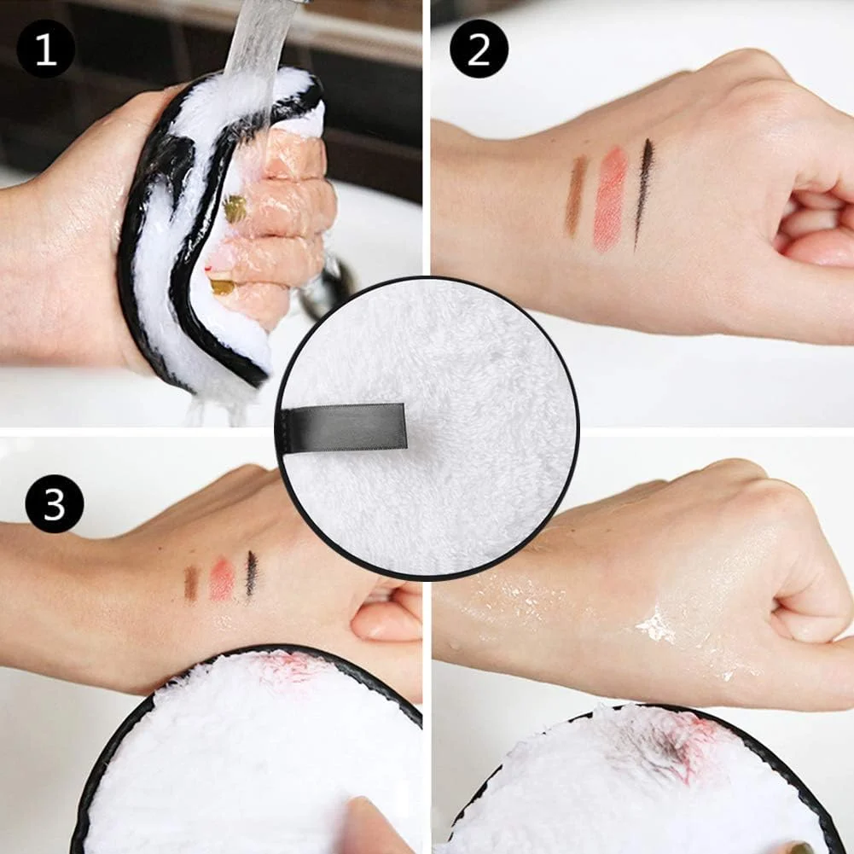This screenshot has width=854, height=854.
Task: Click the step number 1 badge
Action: click(x=46, y=49)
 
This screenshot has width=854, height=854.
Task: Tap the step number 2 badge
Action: click(x=479, y=49)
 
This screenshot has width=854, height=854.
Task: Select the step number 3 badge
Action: click(x=55, y=503)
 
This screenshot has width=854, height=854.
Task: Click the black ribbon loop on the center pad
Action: click(x=344, y=428)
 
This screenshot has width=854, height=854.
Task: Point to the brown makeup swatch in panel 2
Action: click(x=575, y=195)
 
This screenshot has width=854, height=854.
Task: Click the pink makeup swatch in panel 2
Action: click(x=610, y=199)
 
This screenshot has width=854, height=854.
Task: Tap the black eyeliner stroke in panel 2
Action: click(x=642, y=194)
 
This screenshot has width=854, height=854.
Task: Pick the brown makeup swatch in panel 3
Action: click(x=190, y=584)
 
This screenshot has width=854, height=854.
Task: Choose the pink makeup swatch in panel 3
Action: click(x=222, y=579)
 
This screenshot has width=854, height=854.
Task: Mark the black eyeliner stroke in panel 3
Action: click(x=251, y=574)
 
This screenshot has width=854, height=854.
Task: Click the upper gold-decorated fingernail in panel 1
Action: click(x=235, y=209)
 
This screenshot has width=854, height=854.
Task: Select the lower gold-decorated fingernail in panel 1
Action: click(x=222, y=287)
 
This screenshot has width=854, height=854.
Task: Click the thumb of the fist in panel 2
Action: click(x=817, y=248)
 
